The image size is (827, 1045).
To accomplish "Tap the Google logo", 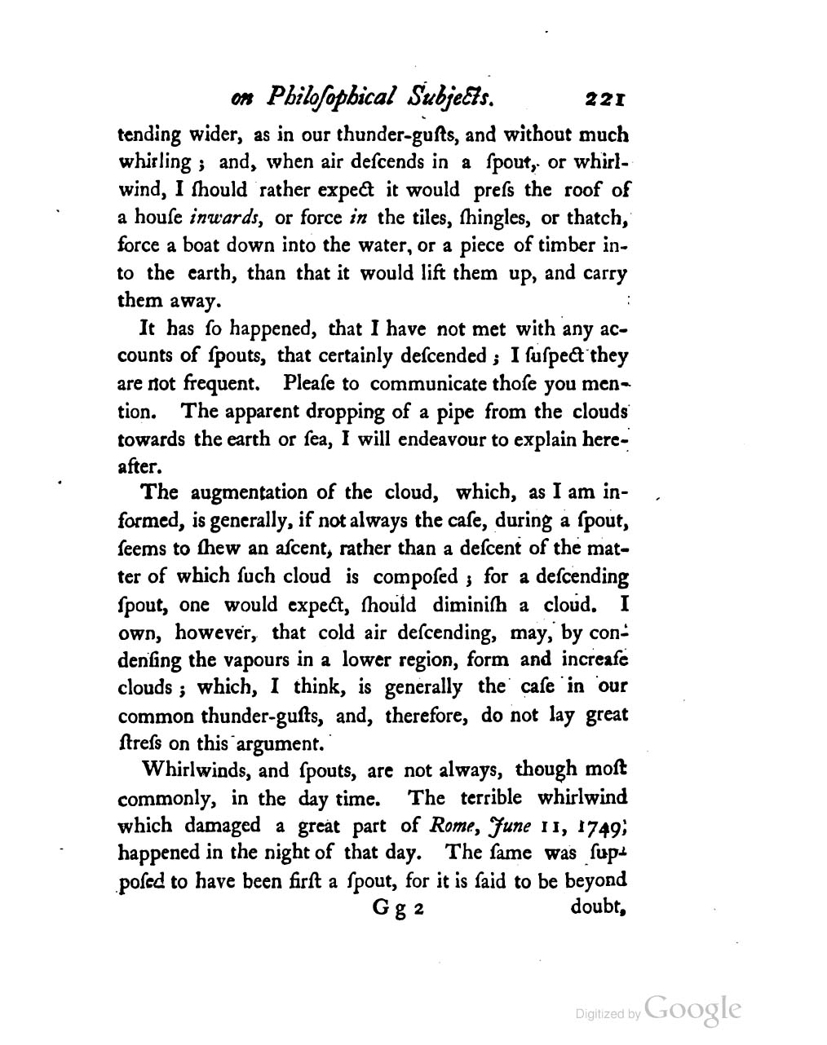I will click(x=692, y=1008).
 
